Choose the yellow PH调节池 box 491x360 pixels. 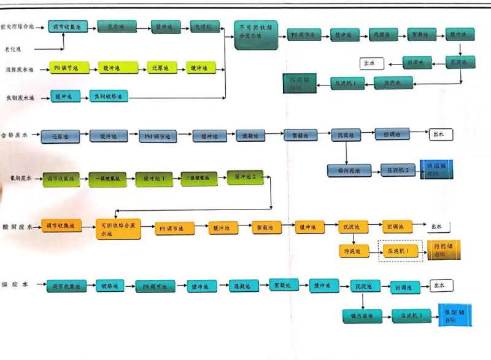point(63,68)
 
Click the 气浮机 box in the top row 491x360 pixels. point(204,27)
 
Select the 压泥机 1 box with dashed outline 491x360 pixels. point(400,251)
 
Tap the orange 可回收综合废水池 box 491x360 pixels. point(117,229)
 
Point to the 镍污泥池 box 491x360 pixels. point(362,316)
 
